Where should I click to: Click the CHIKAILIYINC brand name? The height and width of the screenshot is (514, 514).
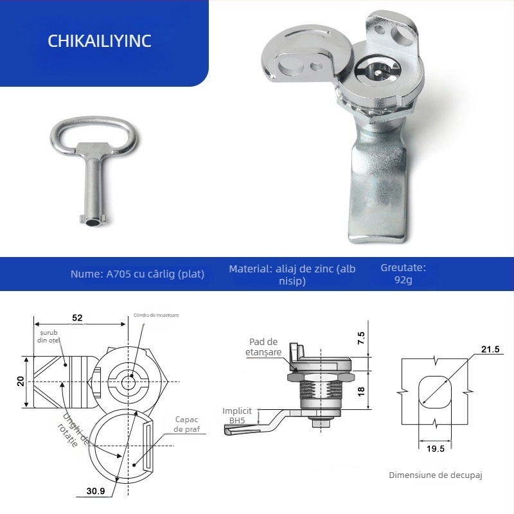click(x=100, y=40)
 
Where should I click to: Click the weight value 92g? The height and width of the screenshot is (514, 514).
click(x=404, y=280)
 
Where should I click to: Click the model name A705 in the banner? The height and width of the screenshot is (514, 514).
click(x=119, y=274)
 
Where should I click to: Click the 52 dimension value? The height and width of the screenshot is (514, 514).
click(x=77, y=317)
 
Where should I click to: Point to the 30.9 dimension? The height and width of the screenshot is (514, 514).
click(x=96, y=491)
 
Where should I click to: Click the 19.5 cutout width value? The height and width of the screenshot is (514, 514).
click(x=435, y=448)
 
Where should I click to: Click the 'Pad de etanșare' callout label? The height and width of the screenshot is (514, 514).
click(x=263, y=347)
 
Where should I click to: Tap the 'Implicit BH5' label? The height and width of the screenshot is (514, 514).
click(x=237, y=415)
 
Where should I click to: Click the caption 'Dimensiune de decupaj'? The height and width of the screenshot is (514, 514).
click(x=435, y=475)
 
